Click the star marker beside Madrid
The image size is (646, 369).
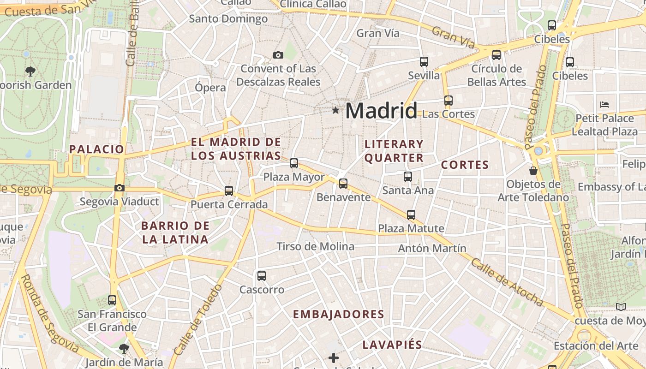[x=335, y=111]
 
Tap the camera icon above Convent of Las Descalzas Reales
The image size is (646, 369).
[x=278, y=55]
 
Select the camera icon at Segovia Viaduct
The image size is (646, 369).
[x=120, y=188]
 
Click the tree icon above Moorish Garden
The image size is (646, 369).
[x=30, y=71]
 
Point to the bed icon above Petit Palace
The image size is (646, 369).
[x=604, y=104]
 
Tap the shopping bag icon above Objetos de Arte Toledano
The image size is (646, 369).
[x=533, y=171]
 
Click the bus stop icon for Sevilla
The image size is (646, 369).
[x=424, y=61]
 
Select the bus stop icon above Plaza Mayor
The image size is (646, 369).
[x=294, y=163]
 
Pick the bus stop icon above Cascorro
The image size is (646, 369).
[x=262, y=276]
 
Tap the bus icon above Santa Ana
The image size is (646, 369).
[x=408, y=176]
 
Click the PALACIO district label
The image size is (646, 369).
[x=97, y=149]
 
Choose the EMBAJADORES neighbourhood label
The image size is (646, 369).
[x=339, y=315]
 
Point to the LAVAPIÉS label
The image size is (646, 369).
[x=392, y=345]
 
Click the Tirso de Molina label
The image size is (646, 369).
[x=316, y=247]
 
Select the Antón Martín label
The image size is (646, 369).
[x=432, y=249]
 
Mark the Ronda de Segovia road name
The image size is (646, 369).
[x=49, y=314]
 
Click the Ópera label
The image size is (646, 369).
[x=210, y=88]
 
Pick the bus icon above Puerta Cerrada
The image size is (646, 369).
[x=229, y=190]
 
